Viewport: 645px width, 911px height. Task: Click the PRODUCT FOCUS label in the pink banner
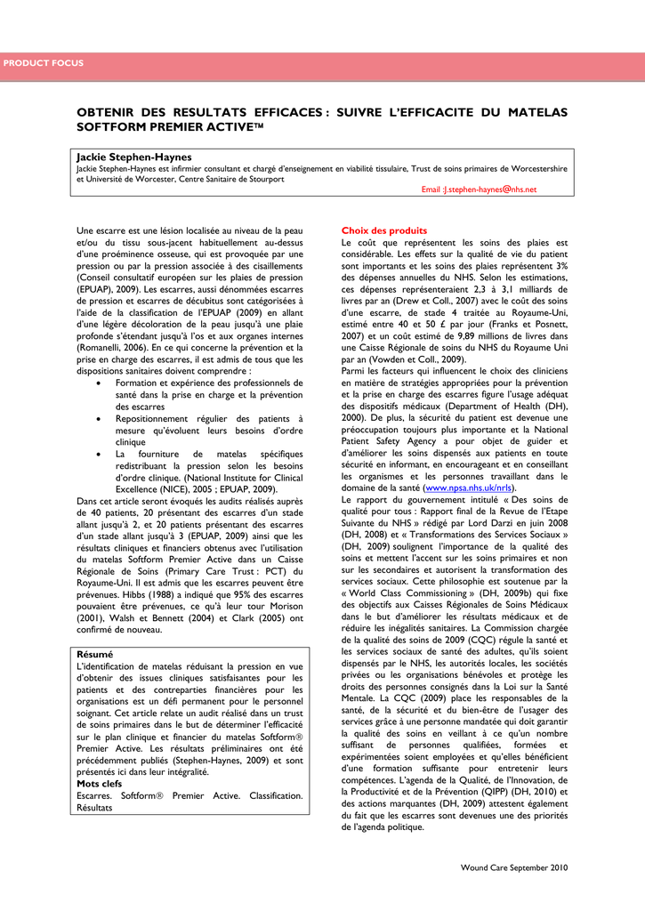tap(43, 63)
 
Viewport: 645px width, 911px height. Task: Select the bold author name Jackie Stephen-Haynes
tap(133, 157)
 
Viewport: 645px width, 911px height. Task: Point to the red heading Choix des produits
tap(378, 230)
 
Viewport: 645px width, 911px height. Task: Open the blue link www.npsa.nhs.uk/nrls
tap(469, 488)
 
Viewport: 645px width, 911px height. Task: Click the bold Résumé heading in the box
tap(95, 654)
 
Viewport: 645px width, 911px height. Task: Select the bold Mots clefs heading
tap(100, 784)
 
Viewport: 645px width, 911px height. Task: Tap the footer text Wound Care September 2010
tap(513, 867)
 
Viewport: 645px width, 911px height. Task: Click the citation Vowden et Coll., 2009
tap(415, 359)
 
